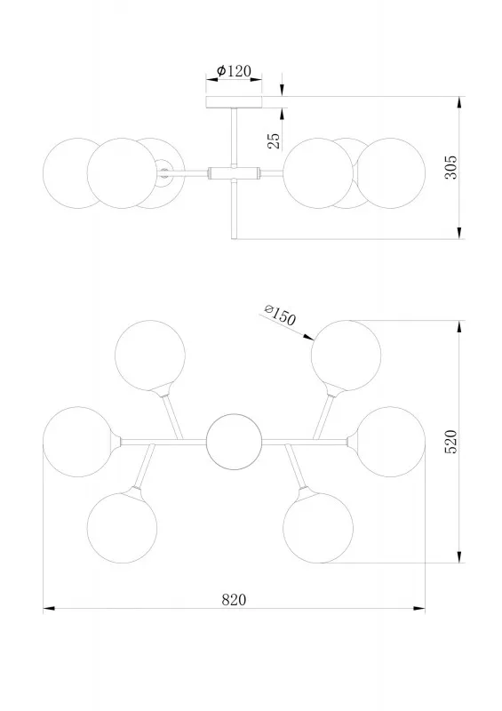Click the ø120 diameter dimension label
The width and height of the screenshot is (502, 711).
234,71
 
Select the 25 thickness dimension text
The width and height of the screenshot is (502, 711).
274,141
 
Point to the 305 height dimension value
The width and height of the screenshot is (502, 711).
450,167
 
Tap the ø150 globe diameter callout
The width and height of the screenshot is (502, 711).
280,315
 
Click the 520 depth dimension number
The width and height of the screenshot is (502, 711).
450,442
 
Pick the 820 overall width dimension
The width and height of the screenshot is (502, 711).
234,600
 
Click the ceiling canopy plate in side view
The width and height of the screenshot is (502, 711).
234,102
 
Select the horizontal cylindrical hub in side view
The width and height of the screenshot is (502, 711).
234,172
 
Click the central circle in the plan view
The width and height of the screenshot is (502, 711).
234,442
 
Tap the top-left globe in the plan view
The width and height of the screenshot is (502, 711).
150,355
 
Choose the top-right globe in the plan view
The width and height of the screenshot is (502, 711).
346,355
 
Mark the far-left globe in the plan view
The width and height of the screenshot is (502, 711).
78,442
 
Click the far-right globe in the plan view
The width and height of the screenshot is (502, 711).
390,442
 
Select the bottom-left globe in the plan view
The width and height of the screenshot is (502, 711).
122,528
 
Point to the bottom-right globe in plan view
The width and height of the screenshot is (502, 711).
318,528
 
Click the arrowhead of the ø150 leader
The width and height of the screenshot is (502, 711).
308,337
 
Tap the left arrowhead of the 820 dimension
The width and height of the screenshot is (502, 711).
49,608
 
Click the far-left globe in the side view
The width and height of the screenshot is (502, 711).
78,173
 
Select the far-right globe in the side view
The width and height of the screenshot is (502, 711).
390,173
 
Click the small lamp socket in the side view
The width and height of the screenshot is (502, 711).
163,172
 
